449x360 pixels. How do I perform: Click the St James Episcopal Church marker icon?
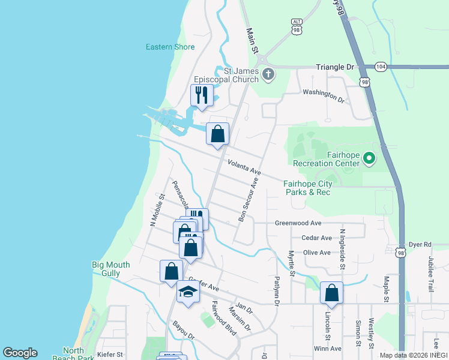pyautogui.click(x=268, y=74)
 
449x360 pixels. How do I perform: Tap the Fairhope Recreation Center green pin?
pyautogui.click(x=369, y=159)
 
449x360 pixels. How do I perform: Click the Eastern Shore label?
pyautogui.click(x=170, y=47)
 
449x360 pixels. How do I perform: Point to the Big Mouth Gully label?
pyautogui.click(x=115, y=269)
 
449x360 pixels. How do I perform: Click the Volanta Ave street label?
pyautogui.click(x=244, y=167)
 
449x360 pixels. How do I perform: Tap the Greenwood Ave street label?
pyautogui.click(x=298, y=223)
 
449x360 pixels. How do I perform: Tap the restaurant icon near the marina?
pyautogui.click(x=201, y=95)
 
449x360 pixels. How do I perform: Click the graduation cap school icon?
pyautogui.click(x=188, y=293)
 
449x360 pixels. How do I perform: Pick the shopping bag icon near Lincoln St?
pyautogui.click(x=331, y=293)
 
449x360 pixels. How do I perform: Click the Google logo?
pyautogui.click(x=20, y=353)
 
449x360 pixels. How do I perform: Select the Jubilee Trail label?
pyautogui.click(x=431, y=274)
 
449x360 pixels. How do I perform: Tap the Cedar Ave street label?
pyautogui.click(x=317, y=238)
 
